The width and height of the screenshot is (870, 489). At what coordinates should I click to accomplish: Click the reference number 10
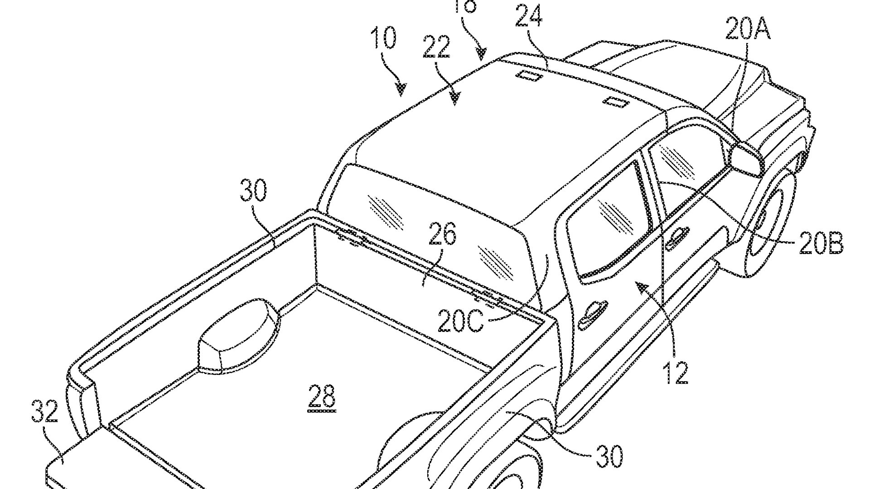point(383,38)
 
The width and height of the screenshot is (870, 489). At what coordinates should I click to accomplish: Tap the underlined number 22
point(437,47)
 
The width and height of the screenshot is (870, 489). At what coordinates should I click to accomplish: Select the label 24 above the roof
point(528,17)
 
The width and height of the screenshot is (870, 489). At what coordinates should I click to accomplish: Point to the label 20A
point(748,28)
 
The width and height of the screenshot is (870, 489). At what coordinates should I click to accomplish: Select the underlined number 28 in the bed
point(322,396)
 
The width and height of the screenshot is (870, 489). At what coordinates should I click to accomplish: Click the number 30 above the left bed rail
point(253,191)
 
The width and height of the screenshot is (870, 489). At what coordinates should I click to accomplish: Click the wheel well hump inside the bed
point(238,335)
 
